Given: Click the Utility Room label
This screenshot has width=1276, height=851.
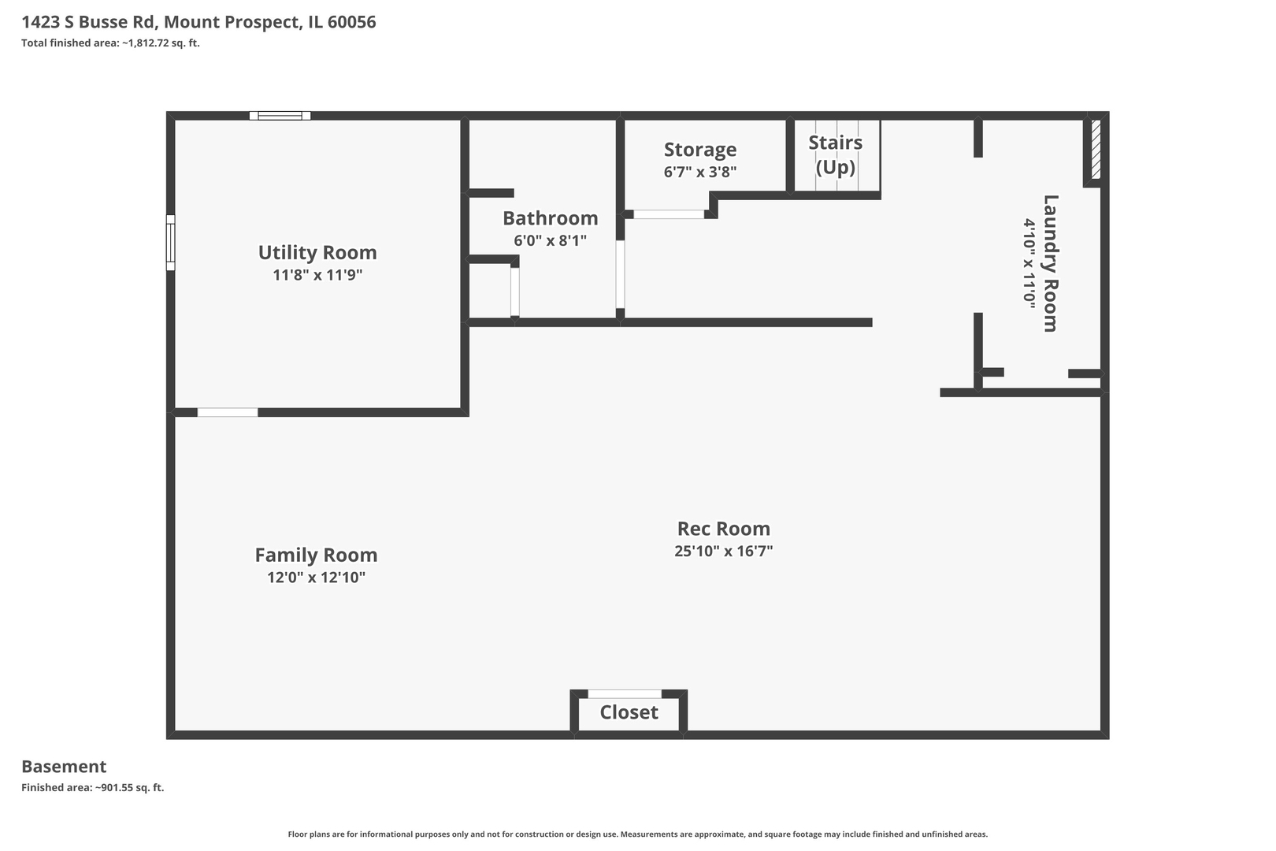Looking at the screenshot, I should [x=317, y=253].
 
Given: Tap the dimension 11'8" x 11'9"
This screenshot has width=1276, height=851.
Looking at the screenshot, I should [x=317, y=275].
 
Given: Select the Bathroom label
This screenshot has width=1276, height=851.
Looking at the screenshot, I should [x=550, y=218].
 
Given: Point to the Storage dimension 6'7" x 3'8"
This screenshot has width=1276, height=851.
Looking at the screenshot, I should [x=699, y=172].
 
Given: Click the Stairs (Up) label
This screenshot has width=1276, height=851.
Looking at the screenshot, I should [x=835, y=154].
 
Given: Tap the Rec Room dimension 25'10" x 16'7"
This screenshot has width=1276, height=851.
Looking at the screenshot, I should [x=723, y=551].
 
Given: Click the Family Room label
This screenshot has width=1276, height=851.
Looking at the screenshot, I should [x=316, y=556].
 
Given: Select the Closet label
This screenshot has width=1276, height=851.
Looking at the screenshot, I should [x=629, y=712].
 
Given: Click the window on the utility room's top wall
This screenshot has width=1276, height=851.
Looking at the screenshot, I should [x=280, y=116].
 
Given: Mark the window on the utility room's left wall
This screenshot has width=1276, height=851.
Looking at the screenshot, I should [x=170, y=243].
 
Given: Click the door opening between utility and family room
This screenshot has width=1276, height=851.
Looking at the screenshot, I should [x=227, y=412].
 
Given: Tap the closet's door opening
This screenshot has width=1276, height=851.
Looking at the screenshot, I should [x=625, y=693].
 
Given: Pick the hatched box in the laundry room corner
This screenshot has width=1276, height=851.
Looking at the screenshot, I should [x=1095, y=150].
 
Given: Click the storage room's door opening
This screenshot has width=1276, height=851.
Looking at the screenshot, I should [x=669, y=214].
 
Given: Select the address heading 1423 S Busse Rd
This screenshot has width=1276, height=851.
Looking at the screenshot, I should [x=198, y=22].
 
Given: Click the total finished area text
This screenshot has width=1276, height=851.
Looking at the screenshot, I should [x=110, y=43].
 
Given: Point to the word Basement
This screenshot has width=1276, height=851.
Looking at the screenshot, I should [x=64, y=767].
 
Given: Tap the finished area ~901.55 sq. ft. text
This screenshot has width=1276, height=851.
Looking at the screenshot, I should [x=92, y=787].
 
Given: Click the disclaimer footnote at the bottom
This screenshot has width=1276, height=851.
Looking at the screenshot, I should [x=637, y=834].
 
